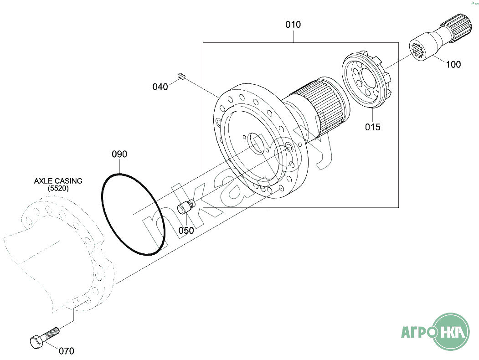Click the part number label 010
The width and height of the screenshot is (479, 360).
(x=293, y=25)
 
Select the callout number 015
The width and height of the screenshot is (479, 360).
(x=373, y=127)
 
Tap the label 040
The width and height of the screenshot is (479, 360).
(x=160, y=87)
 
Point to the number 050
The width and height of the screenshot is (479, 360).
(x=186, y=230)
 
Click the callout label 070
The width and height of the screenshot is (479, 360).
(x=66, y=351)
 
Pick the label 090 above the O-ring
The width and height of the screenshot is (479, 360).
(x=119, y=154)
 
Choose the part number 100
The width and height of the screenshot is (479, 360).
(x=453, y=64)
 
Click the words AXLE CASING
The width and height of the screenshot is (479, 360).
(x=58, y=181)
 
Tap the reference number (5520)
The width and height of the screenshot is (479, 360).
(x=58, y=188)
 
